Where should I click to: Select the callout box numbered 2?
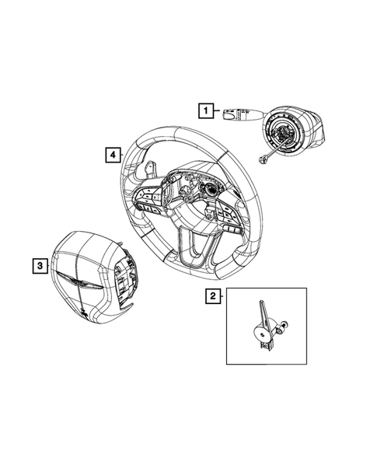coord(211,295)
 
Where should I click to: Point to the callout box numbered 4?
coord(113,156)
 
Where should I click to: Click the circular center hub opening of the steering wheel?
coord(208,191)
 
